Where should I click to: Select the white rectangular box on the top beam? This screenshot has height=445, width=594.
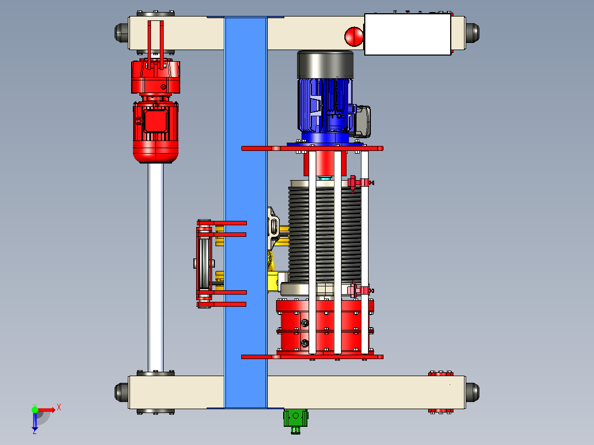(408, 35)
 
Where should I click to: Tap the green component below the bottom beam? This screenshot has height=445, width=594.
(295, 420)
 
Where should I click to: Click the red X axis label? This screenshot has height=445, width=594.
(59, 408)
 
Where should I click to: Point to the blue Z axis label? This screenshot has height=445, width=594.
(35, 431)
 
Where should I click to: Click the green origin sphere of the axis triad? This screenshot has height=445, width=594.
(35, 410)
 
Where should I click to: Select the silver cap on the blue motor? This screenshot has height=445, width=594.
(326, 65)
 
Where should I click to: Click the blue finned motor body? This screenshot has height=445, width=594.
(325, 106)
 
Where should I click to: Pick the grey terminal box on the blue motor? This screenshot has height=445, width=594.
(362, 121)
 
